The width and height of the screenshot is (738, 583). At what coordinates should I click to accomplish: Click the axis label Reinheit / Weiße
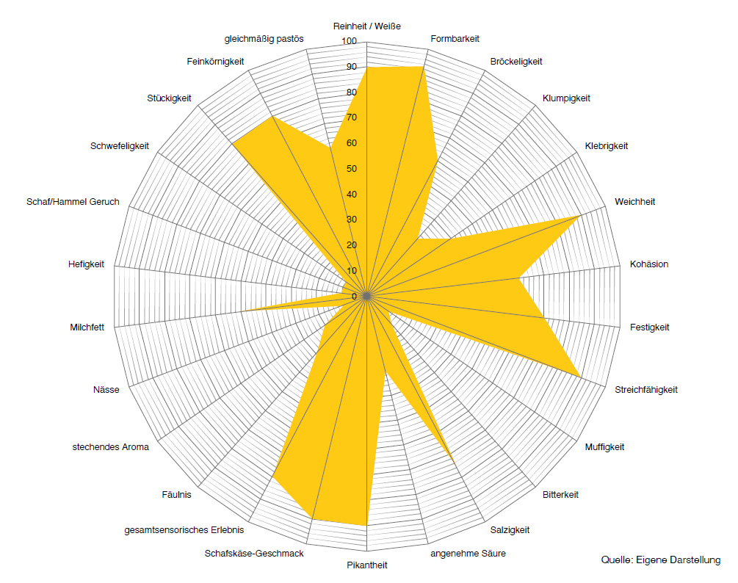coord(366,26)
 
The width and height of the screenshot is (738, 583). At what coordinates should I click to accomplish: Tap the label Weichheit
coord(634,201)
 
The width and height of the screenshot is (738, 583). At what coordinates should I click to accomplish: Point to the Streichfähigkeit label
coord(645,390)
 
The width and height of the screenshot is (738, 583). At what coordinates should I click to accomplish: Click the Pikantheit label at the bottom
coord(366,565)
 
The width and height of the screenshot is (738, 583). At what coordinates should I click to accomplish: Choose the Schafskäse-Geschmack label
coord(254,553)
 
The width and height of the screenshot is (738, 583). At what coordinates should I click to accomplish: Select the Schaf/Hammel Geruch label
coord(73,202)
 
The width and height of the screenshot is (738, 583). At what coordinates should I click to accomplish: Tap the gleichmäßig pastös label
coord(264,38)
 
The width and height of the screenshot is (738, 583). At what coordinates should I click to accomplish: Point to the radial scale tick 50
coord(352,169)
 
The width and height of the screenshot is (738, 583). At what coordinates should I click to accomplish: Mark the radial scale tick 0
coord(354,297)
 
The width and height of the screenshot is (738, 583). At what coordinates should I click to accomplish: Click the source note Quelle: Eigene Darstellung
coord(660,560)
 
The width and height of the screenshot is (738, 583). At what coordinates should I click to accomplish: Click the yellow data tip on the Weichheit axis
coord(580,216)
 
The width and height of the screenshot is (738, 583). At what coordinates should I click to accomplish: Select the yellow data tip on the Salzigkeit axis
coord(455,461)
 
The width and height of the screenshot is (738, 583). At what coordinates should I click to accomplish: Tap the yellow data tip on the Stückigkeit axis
coord(233,145)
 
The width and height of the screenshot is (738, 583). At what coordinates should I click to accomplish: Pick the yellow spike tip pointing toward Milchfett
coord(244,311)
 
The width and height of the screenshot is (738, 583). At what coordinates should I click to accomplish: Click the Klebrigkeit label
coord(606,146)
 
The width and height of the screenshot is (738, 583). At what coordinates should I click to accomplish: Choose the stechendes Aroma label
coord(110,446)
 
